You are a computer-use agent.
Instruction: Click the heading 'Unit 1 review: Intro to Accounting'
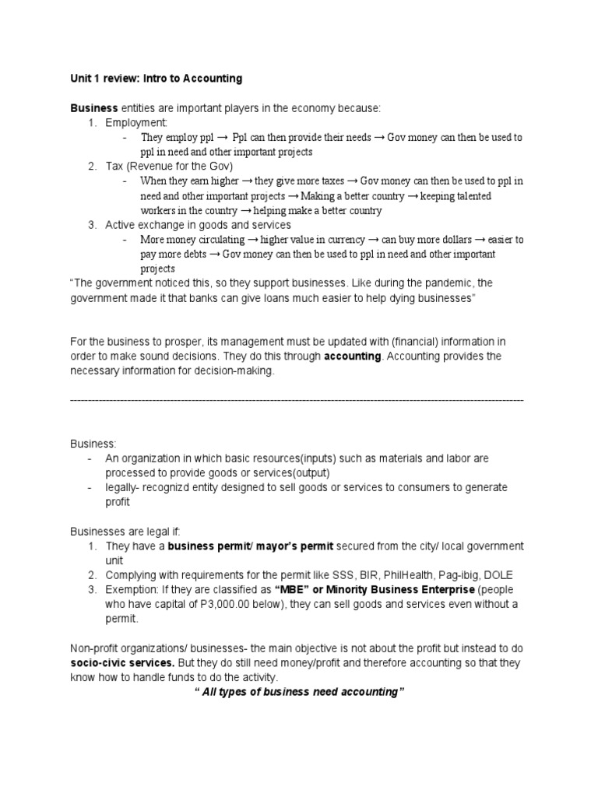(156, 79)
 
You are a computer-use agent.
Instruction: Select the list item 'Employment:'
(136, 123)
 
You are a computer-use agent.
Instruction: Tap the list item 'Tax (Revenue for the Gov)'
(169, 166)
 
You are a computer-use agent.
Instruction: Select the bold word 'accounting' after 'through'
(354, 356)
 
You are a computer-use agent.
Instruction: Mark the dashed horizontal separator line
(297, 400)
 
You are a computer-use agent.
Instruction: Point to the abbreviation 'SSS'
(341, 575)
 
